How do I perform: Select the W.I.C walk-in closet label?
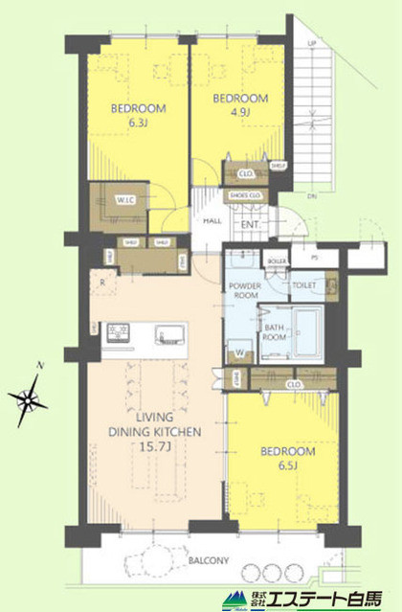click(126, 199)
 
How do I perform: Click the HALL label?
click(214, 221)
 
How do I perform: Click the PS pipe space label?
click(315, 259)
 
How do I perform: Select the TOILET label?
click(305, 284)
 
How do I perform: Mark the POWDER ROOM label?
click(248, 290)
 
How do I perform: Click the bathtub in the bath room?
click(307, 331)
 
